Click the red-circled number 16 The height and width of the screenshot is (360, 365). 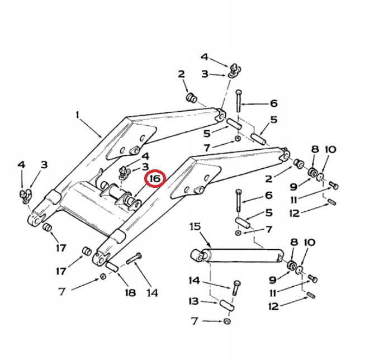click(155, 178)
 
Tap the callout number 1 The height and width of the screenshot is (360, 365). click(78, 115)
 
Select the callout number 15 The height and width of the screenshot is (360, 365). click(195, 227)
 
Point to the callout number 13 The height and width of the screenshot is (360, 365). click(194, 301)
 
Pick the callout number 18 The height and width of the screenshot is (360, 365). click(130, 292)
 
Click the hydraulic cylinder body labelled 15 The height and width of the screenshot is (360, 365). click(240, 255)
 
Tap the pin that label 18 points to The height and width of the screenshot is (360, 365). click(111, 266)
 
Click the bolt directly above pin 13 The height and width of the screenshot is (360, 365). click(236, 287)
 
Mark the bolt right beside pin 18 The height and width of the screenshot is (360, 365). click(135, 259)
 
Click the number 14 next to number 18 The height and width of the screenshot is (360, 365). click(151, 292)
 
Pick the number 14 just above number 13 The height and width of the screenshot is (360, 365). click(194, 280)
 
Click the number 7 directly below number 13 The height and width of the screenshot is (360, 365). click(195, 321)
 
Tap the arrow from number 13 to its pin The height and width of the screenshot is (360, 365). click(210, 302)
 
